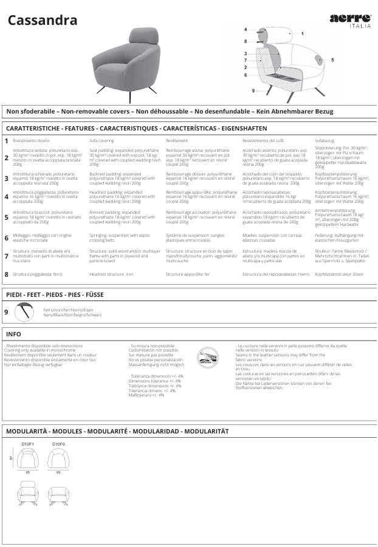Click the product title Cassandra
pos(42,21)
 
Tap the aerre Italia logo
pos(350,21)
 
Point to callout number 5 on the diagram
pos(332,60)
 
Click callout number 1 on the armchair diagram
pos(303,34)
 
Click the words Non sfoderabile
pos(30,112)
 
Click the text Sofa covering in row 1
pos(101,140)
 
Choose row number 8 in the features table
pos(6,274)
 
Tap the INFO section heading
pos(13,334)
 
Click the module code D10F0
pos(58,444)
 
